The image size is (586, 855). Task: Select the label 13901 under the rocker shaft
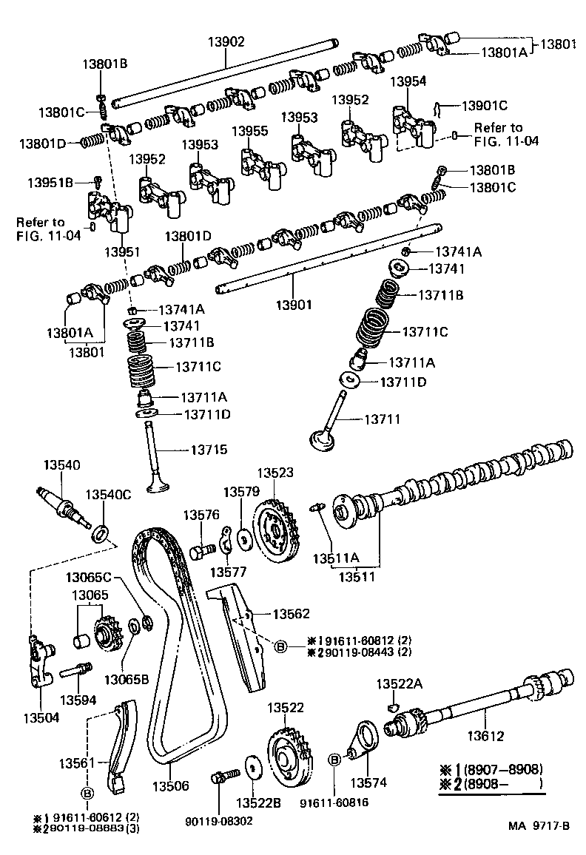pos(294,304)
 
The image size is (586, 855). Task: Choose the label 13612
pos(485,736)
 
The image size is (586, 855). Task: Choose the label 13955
pos(249,131)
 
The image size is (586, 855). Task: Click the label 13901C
pos(485,105)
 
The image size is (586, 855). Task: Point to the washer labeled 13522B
pos(252,768)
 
